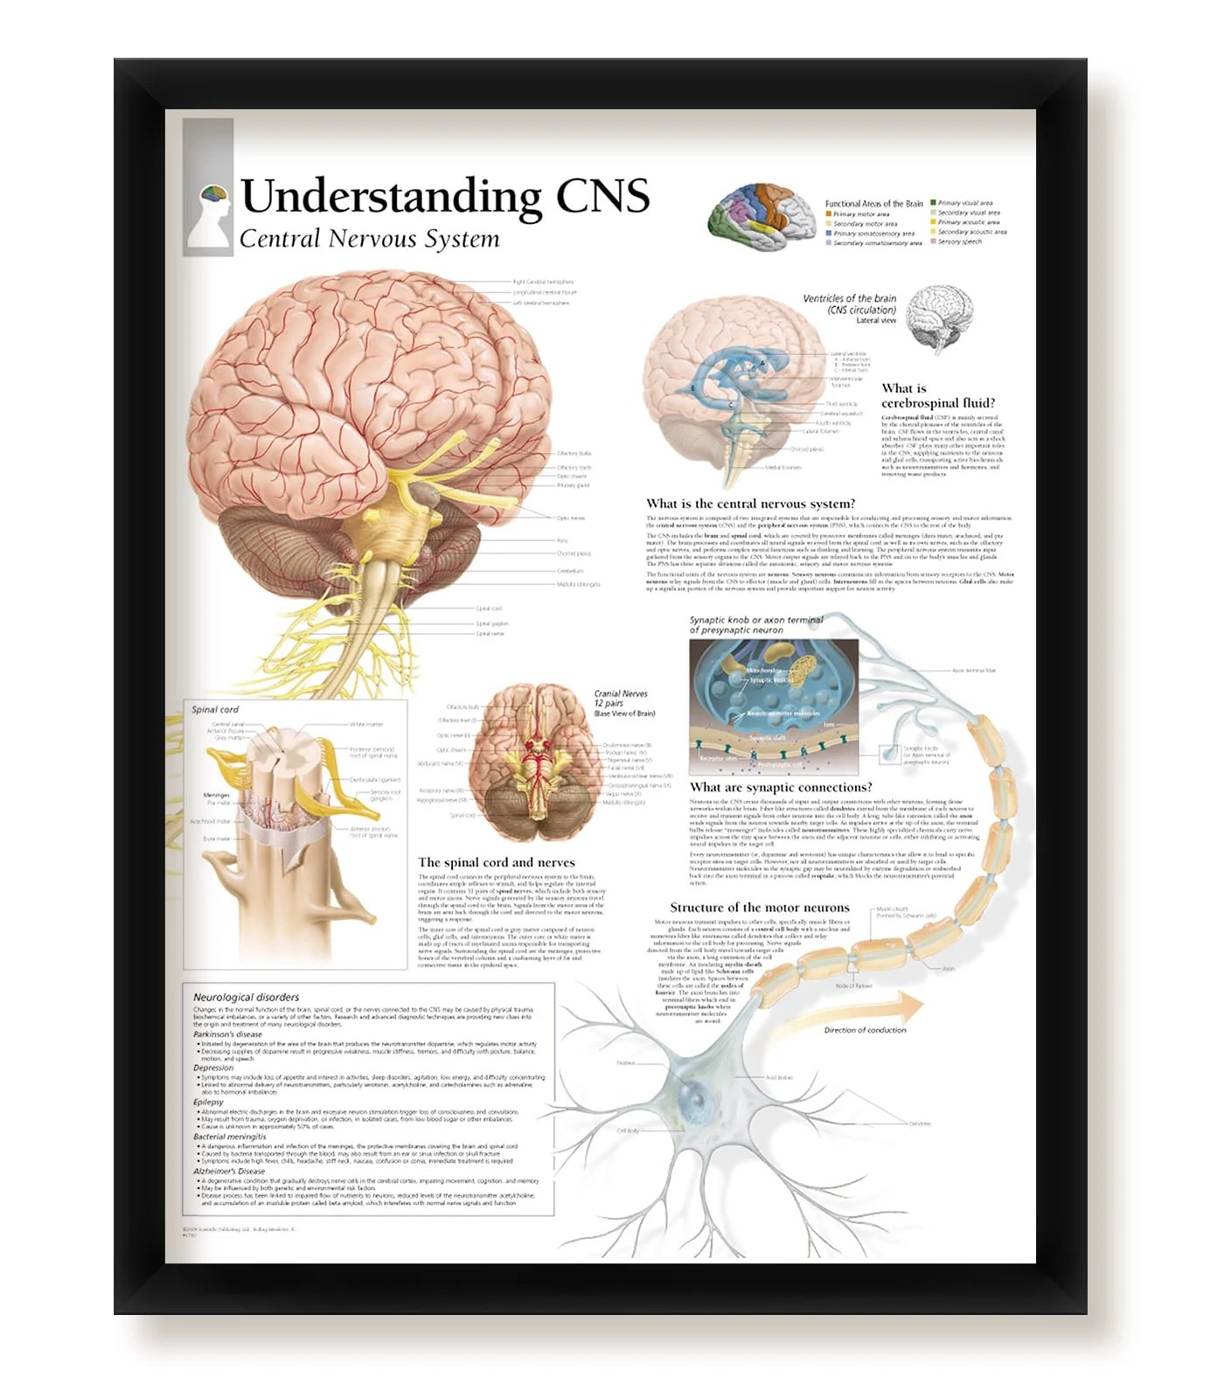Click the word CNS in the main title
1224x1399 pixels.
pyautogui.click(x=602, y=195)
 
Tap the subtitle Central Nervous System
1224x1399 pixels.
pyautogui.click(x=369, y=239)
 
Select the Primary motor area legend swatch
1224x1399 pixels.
pyautogui.click(x=829, y=213)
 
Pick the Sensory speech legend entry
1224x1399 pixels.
pyautogui.click(x=959, y=242)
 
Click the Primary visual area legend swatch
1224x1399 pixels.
pyautogui.click(x=934, y=203)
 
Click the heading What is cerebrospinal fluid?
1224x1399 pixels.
pyautogui.click(x=937, y=395)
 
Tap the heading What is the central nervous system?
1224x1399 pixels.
pyautogui.click(x=750, y=504)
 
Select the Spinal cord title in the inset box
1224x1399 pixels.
pyautogui.click(x=215, y=709)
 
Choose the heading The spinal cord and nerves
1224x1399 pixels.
pyautogui.click(x=496, y=862)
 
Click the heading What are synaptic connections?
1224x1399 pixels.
pyautogui.click(x=780, y=787)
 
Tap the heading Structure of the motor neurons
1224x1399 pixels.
pyautogui.click(x=759, y=908)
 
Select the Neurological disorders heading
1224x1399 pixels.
pyautogui.click(x=246, y=997)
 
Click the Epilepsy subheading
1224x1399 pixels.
pyautogui.click(x=209, y=1103)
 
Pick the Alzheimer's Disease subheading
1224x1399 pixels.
pyautogui.click(x=229, y=1171)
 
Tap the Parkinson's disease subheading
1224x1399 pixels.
pyautogui.click(x=227, y=1034)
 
